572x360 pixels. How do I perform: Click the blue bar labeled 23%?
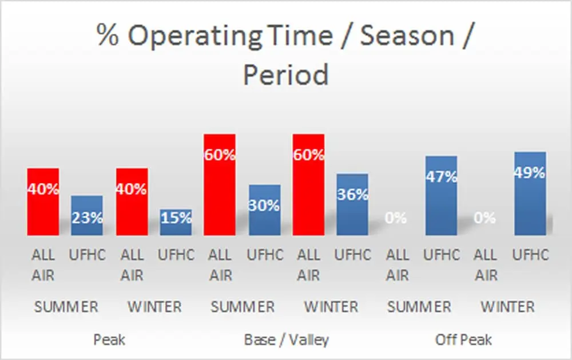pos(87,215)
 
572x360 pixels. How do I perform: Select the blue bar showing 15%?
pos(176,222)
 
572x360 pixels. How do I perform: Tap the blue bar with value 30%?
pos(265,210)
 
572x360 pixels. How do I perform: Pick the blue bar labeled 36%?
pos(352,204)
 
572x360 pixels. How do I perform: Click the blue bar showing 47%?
pos(441,196)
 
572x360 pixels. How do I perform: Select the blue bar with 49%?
pos(530,193)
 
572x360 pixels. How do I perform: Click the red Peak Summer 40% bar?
pos(43,201)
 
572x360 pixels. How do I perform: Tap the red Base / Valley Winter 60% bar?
pos(309,185)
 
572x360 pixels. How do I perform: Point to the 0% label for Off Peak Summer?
pos(396,218)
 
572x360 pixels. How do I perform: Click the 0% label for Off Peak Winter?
pos(485,218)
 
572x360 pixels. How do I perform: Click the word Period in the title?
pos(285,75)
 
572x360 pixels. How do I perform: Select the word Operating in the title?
pos(195,37)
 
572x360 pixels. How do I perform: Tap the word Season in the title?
pos(407,35)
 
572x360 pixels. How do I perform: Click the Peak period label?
pos(109,340)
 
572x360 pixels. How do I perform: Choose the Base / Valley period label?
pos(287,340)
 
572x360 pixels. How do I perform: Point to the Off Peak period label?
pos(463,340)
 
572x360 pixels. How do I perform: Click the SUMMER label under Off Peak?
pos(419,307)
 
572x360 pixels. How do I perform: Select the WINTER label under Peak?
pos(154,307)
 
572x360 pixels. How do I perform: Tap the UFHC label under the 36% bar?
pos(353,255)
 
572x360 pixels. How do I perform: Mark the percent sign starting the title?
pos(108,35)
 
